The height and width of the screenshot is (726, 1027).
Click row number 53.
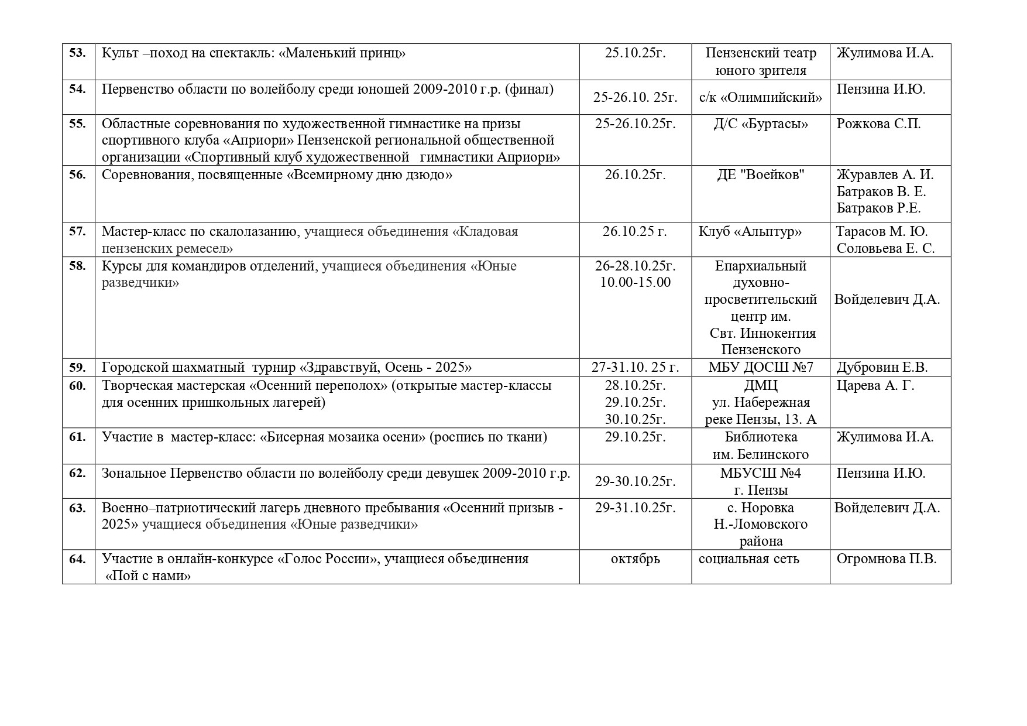(x=78, y=53)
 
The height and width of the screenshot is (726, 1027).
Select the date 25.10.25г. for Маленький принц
(x=635, y=53)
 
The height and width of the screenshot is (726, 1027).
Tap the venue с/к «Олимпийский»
(x=760, y=97)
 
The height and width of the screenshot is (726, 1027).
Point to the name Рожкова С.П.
(x=878, y=124)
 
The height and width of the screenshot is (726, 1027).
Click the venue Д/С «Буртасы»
(x=760, y=124)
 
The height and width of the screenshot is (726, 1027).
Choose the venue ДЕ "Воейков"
(x=760, y=175)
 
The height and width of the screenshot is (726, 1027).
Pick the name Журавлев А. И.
(x=885, y=175)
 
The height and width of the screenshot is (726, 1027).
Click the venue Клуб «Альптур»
(x=750, y=231)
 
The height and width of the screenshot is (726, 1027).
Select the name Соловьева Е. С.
(x=885, y=248)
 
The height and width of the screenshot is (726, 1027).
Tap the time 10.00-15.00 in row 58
(x=635, y=283)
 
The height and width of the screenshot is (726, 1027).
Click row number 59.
(x=78, y=368)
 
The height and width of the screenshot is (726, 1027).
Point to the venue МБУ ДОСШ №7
(x=760, y=368)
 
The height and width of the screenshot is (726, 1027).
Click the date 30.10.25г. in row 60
(x=635, y=419)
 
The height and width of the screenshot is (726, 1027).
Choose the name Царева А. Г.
(x=875, y=386)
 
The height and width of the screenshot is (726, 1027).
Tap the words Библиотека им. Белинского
(x=760, y=446)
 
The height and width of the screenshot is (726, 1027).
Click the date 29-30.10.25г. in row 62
(x=635, y=481)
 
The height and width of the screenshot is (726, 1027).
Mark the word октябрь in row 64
(x=635, y=559)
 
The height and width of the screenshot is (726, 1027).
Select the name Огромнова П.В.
(x=886, y=559)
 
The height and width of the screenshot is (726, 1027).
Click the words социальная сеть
(x=748, y=559)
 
